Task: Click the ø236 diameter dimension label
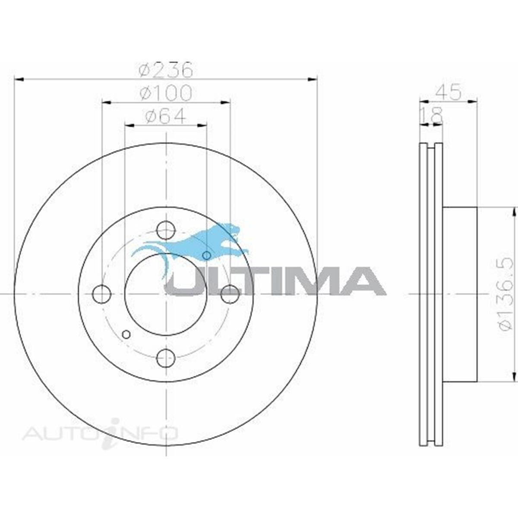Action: click(x=166, y=70)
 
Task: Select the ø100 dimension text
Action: click(x=166, y=93)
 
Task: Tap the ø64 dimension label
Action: click(x=166, y=116)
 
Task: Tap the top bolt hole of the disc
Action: click(x=166, y=230)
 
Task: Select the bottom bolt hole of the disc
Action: click(x=166, y=358)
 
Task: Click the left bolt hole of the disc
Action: click(x=101, y=294)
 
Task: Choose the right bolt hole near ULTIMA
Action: click(x=230, y=294)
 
